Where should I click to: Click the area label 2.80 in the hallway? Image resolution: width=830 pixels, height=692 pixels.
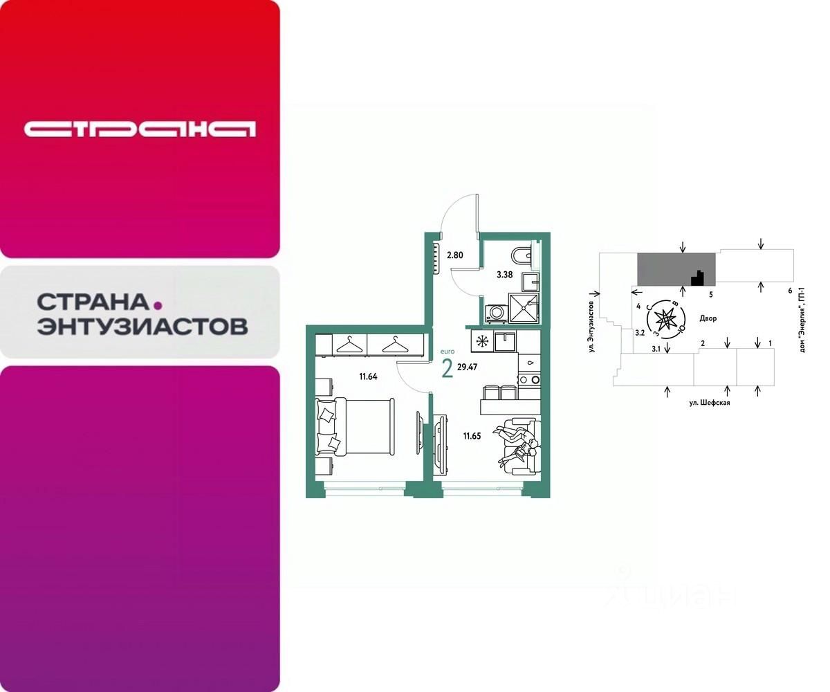(454, 255)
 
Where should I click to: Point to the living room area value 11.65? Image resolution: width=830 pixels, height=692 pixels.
(472, 436)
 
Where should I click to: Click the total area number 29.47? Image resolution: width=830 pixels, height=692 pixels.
(468, 367)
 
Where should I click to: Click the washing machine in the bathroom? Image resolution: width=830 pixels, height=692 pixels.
(495, 313)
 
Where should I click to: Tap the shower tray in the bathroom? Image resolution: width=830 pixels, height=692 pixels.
(524, 307)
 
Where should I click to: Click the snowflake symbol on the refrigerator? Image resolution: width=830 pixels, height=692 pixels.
(481, 340)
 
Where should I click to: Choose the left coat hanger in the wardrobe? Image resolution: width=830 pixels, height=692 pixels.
(349, 343)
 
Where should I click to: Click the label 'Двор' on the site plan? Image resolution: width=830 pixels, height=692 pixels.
(708, 319)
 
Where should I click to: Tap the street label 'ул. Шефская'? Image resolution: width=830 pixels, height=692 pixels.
(710, 402)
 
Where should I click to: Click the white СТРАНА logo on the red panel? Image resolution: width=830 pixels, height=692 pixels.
(140, 129)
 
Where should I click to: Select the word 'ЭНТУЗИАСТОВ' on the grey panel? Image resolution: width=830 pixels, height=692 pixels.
(142, 326)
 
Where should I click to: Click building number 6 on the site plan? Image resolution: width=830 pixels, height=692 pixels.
(789, 291)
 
